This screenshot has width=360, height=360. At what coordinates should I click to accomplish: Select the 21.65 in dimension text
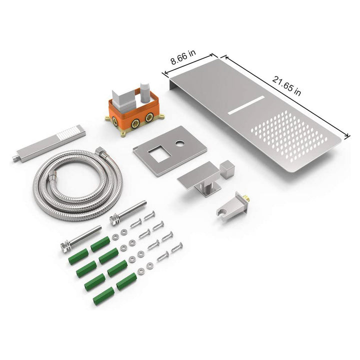click(286, 85)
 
